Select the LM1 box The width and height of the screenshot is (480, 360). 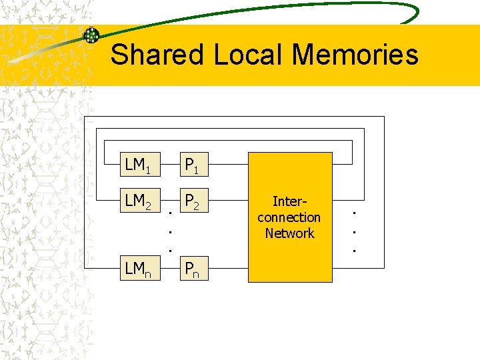tap(137, 164)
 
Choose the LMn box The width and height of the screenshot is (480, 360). tap(137, 270)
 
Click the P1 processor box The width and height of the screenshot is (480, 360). tap(195, 164)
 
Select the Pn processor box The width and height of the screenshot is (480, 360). tap(195, 270)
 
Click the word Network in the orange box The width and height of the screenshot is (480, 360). tap(289, 233)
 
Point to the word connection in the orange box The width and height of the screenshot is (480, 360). tap(289, 217)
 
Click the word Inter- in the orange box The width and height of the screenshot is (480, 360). tap(289, 201)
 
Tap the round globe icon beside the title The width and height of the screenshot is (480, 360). tap(91, 35)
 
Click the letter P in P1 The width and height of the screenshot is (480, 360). tap(190, 164)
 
